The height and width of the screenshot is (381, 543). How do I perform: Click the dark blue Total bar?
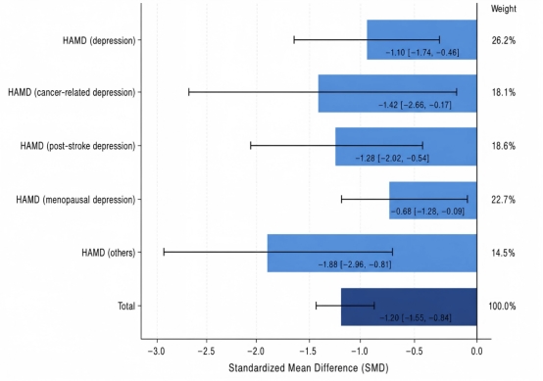(x=409, y=307)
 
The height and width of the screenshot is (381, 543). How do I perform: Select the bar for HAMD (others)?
(x=371, y=254)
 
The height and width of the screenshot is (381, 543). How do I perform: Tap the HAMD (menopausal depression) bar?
(x=433, y=201)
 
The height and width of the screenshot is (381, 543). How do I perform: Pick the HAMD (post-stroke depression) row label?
(x=77, y=146)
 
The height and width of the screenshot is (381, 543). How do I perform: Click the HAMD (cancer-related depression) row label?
(x=72, y=93)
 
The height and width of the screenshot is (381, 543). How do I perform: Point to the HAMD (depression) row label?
(x=99, y=40)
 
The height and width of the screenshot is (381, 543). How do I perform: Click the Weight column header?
(x=504, y=9)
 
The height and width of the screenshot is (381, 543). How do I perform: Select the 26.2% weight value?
(x=504, y=40)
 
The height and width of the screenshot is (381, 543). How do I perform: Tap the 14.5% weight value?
(x=504, y=253)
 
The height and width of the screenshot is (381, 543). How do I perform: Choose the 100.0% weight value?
(x=502, y=307)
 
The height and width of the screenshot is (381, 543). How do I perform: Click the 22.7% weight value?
(x=504, y=200)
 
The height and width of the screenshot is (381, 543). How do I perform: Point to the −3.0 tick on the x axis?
(x=157, y=352)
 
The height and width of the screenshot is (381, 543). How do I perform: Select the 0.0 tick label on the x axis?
(x=477, y=352)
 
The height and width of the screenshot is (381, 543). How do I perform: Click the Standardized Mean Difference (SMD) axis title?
(x=309, y=368)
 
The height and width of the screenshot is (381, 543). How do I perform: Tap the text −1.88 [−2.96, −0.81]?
(x=355, y=264)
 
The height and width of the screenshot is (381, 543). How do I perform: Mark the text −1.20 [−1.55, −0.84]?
(x=416, y=317)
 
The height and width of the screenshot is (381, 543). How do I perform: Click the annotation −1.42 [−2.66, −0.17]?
(x=415, y=105)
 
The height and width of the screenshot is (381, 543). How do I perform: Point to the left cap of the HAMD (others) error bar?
(x=164, y=253)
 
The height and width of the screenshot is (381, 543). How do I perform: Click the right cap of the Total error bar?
(x=374, y=306)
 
